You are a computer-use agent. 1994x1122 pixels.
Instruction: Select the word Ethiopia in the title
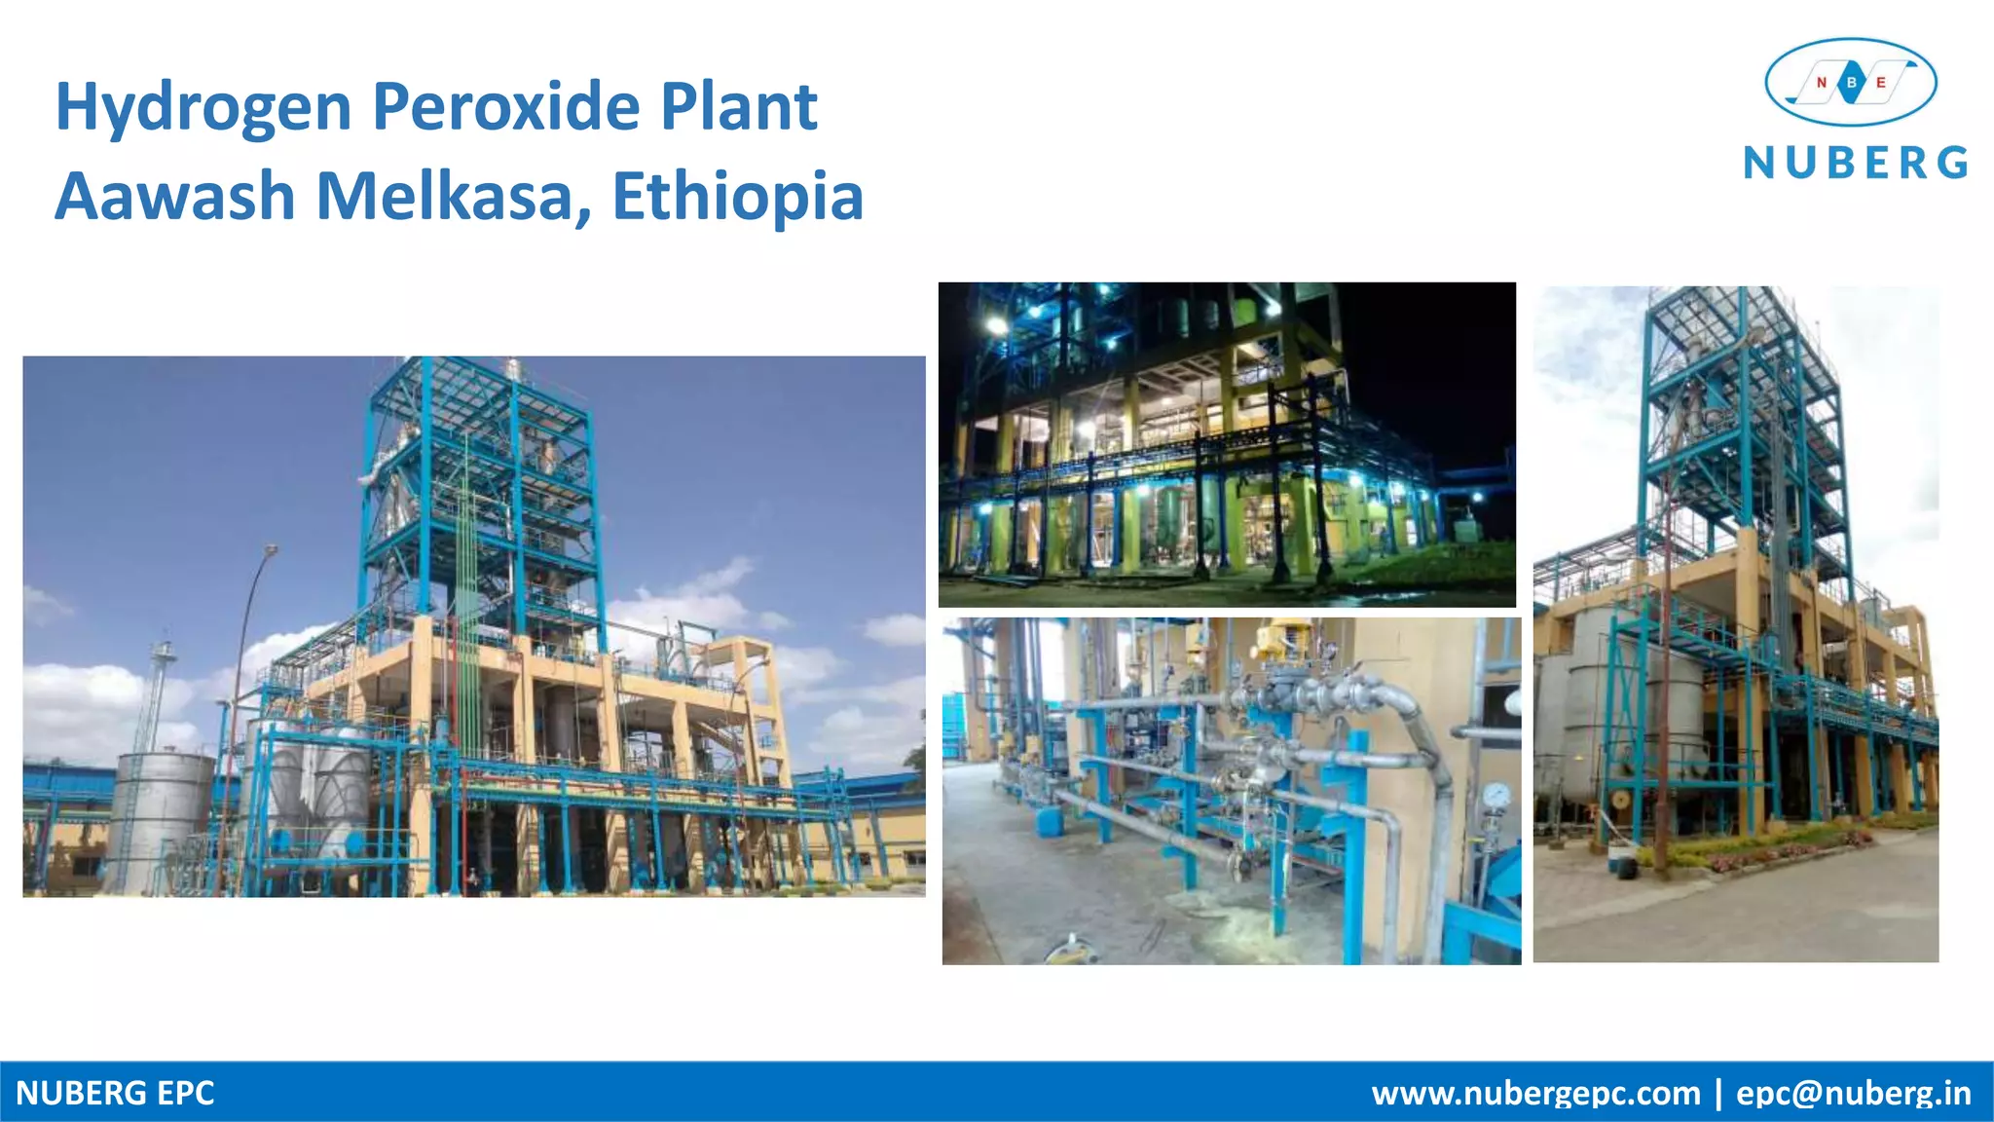tap(737, 197)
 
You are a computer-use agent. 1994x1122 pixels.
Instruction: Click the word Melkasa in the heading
tap(453, 197)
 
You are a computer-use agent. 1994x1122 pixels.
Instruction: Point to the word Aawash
tap(175, 197)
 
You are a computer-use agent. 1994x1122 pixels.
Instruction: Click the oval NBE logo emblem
tap(1851, 83)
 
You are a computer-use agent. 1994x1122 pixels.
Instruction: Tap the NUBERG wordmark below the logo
tap(1856, 163)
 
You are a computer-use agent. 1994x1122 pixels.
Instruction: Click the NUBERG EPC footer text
tap(115, 1093)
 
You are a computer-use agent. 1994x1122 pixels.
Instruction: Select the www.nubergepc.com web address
tap(1535, 1093)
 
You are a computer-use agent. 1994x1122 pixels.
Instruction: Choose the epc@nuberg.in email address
tap(1854, 1093)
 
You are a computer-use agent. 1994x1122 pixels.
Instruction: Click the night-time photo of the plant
tap(1227, 444)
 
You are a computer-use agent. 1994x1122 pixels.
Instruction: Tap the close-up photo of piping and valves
tap(1231, 791)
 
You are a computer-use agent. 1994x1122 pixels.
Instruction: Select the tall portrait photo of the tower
tap(1735, 623)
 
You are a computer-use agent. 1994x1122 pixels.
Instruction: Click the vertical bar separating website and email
tap(1718, 1093)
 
